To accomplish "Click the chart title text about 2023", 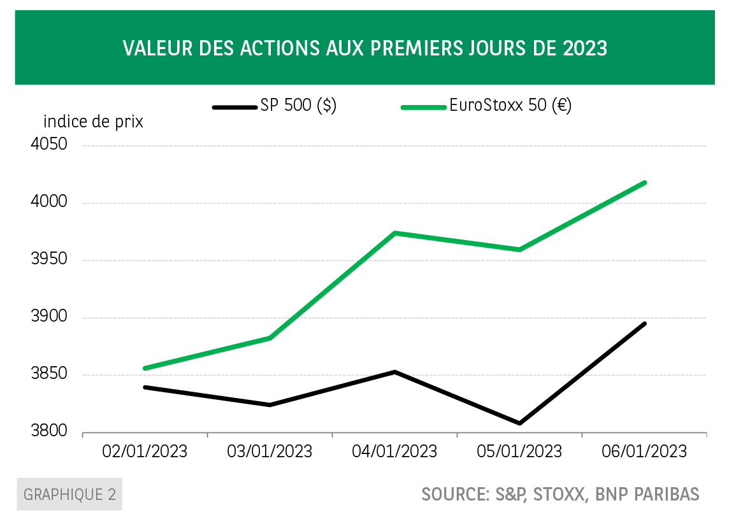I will (364, 48).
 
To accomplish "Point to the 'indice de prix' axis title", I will (93, 122).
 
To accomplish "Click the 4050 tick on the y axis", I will (49, 145).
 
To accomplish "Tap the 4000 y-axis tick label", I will (49, 202).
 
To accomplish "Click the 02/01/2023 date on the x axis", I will (145, 451).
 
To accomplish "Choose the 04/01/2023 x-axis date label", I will (395, 451).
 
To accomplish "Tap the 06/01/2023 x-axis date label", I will (645, 451).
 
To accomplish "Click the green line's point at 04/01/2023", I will (395, 233).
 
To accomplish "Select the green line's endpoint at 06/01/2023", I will (645, 183).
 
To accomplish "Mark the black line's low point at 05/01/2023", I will (520, 423).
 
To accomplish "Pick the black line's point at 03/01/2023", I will (270, 404).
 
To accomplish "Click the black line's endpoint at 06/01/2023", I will (645, 323).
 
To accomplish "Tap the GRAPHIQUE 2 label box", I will (69, 495).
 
